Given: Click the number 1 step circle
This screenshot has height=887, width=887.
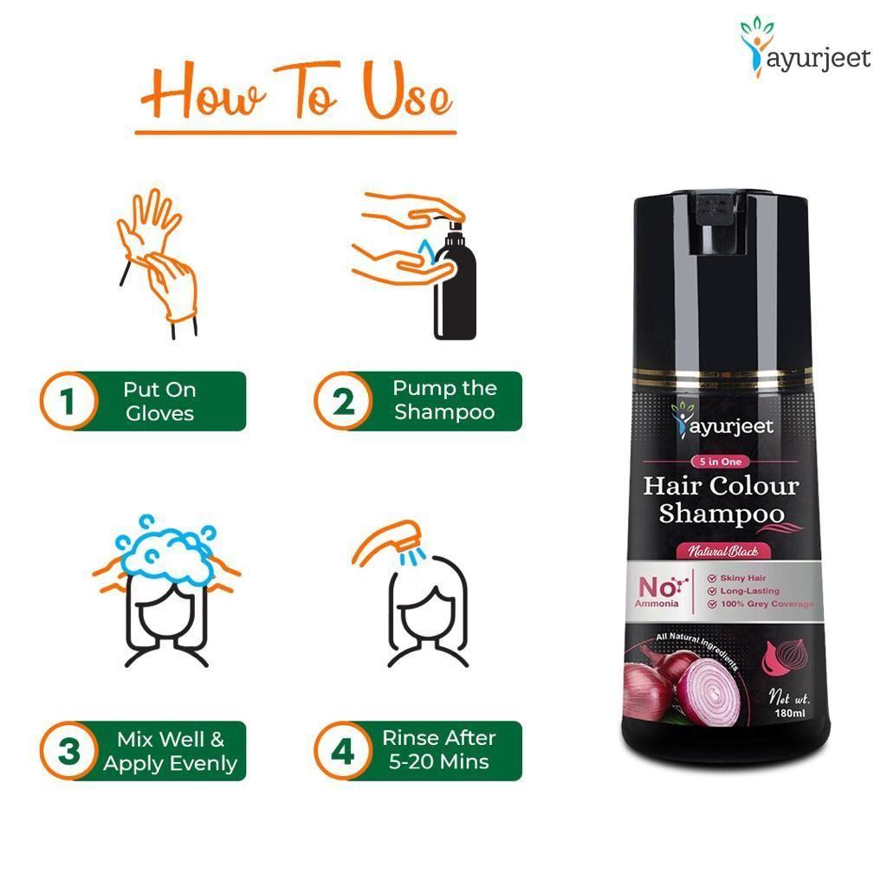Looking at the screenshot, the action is pyautogui.click(x=68, y=401).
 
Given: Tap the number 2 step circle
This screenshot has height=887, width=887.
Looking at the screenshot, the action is pyautogui.click(x=343, y=401).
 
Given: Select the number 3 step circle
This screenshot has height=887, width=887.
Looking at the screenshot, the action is pyautogui.click(x=68, y=751).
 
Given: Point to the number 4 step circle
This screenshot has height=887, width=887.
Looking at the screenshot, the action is pyautogui.click(x=343, y=751).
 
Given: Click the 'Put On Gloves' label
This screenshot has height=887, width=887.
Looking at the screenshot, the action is pyautogui.click(x=159, y=401).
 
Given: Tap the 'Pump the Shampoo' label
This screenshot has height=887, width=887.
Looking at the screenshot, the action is pyautogui.click(x=444, y=399).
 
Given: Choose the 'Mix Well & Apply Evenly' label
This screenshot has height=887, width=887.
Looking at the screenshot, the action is pyautogui.click(x=171, y=751).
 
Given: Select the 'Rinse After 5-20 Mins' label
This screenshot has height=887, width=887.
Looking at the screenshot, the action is pyautogui.click(x=439, y=749).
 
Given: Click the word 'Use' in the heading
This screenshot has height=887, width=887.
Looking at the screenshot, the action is pyautogui.click(x=407, y=92).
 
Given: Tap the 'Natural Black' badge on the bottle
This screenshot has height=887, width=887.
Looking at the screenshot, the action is pyautogui.click(x=722, y=550).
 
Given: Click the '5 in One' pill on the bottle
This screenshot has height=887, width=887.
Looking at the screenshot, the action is pyautogui.click(x=720, y=462).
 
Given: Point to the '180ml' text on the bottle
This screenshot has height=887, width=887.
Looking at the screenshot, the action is pyautogui.click(x=789, y=714).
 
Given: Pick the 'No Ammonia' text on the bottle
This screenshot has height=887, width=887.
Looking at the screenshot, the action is pyautogui.click(x=657, y=592).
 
